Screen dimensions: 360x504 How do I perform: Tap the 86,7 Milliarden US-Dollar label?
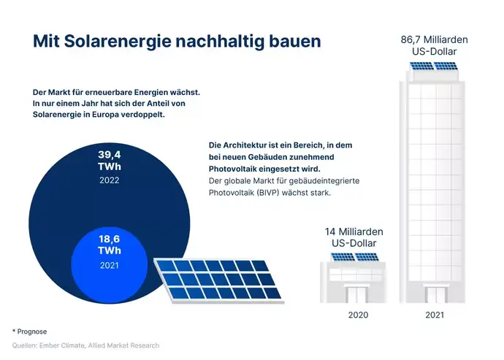click(434, 45)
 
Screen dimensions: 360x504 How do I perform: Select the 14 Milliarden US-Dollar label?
click(354, 237)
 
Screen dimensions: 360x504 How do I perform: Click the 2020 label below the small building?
click(354, 315)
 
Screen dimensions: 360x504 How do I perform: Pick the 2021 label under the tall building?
click(434, 315)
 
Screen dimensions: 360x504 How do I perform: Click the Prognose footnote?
click(31, 331)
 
